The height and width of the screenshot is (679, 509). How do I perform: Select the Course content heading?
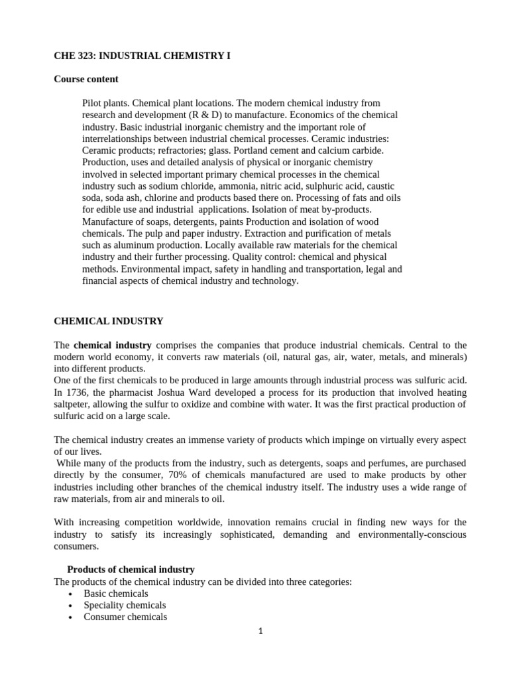click(85, 79)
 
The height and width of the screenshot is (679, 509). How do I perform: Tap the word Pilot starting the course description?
click(93, 103)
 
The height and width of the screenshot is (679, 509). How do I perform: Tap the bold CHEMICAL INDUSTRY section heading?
click(108, 321)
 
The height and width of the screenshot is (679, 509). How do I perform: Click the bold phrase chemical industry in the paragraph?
click(113, 345)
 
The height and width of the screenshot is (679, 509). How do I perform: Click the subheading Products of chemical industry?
click(131, 570)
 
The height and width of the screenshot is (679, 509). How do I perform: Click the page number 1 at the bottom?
click(260, 632)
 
